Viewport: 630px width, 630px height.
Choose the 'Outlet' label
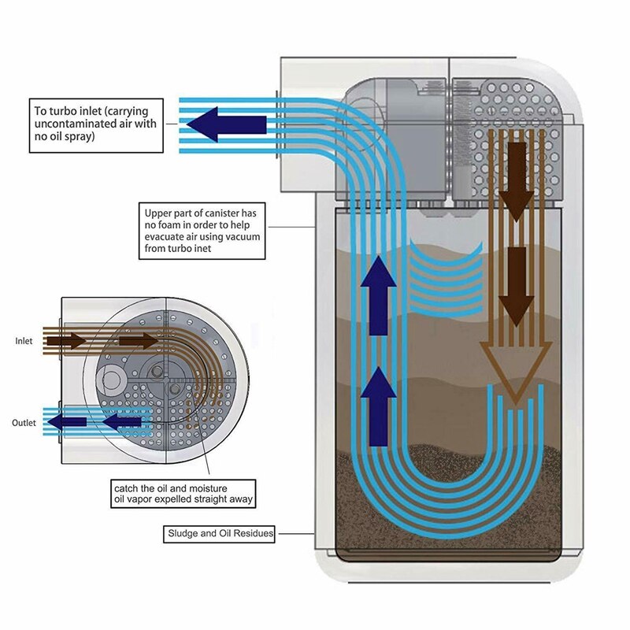point(24,423)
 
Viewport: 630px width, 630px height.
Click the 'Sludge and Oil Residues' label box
point(220,533)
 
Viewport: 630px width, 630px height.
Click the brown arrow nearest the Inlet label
point(66,341)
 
